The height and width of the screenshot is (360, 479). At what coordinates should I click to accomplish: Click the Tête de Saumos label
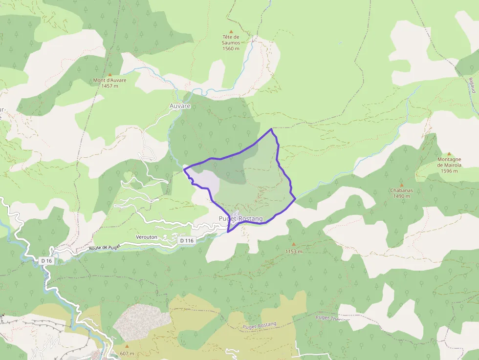point(231,42)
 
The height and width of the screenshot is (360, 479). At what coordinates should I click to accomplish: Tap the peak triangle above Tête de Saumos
point(231,31)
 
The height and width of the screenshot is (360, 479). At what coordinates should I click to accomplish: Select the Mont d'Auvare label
point(110,83)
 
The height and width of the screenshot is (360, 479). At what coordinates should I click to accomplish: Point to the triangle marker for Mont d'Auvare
point(110,75)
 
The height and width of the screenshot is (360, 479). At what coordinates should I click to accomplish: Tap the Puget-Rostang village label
point(241,218)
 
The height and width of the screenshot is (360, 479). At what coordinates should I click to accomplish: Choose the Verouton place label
point(147,237)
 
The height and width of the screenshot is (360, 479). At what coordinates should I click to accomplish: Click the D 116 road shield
point(187,240)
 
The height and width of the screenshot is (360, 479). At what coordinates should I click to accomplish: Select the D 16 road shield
point(46,261)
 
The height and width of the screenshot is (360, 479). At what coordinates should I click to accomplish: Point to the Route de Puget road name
point(105,248)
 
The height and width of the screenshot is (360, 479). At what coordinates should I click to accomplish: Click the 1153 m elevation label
point(294,251)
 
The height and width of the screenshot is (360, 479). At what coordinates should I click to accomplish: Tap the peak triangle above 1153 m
point(294,244)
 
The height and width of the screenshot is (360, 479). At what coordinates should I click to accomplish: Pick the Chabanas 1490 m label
point(402,193)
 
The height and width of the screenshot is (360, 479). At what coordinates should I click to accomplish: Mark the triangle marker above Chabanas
point(402,185)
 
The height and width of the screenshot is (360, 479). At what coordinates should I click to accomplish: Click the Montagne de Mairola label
point(449,165)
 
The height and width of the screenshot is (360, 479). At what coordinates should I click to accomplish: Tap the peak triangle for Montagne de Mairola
point(449,153)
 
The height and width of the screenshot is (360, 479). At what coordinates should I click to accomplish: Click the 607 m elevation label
point(126,354)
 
